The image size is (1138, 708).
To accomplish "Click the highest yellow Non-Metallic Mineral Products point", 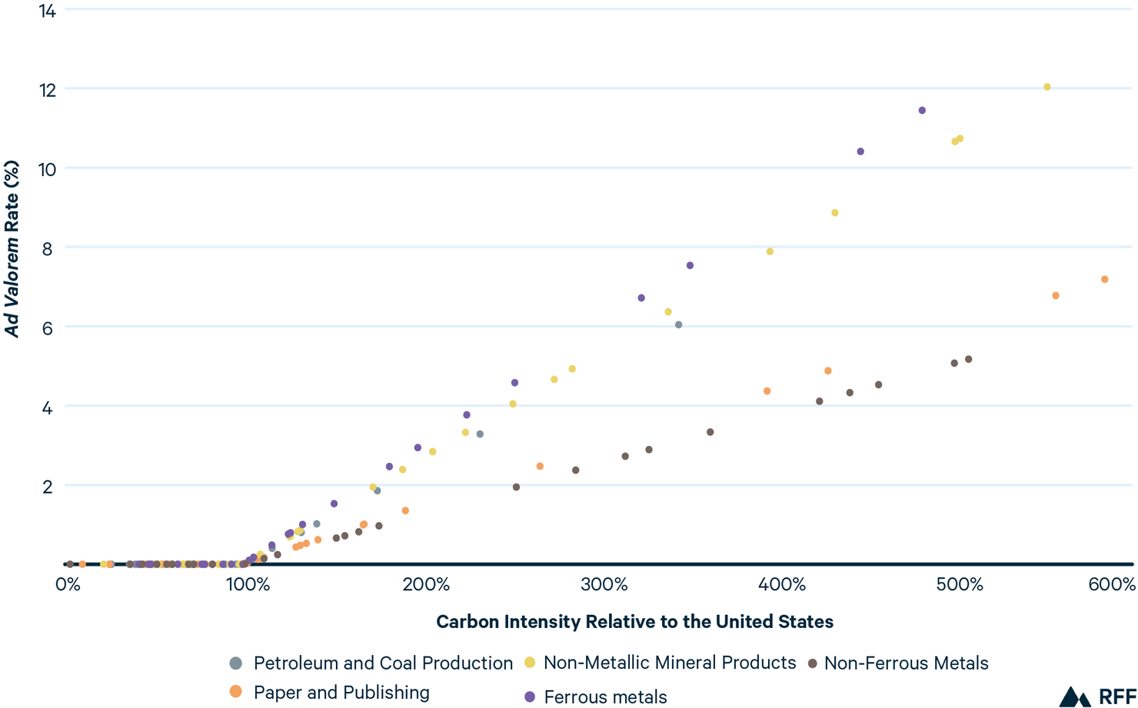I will point(1046,87).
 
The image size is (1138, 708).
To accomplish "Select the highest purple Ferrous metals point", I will point(922,111).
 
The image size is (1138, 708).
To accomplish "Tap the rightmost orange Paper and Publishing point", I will point(1104,280).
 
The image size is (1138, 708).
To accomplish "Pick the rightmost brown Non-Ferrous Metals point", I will point(968,359).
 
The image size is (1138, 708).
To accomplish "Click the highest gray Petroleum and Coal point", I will point(678,325).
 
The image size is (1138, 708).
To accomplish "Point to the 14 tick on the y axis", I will point(47,12).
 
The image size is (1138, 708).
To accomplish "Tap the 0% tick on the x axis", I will point(68,585).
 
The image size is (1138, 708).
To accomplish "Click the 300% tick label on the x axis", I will point(604,585).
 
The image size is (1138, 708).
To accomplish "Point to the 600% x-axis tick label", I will point(1112,585).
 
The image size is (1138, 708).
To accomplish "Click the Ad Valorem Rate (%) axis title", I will point(12,248).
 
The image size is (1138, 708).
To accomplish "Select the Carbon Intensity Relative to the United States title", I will point(634,622).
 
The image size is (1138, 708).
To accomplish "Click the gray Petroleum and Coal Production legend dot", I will point(236,663).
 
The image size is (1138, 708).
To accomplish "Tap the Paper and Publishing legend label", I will point(341,693).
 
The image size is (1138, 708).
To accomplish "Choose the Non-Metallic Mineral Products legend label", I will point(669,663).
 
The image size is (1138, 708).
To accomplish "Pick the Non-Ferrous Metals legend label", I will point(906,663).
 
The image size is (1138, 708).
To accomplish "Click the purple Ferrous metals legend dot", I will point(529,696).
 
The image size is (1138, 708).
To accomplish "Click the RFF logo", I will point(1097,696).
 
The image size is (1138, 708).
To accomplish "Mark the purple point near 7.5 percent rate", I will point(690,265).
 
